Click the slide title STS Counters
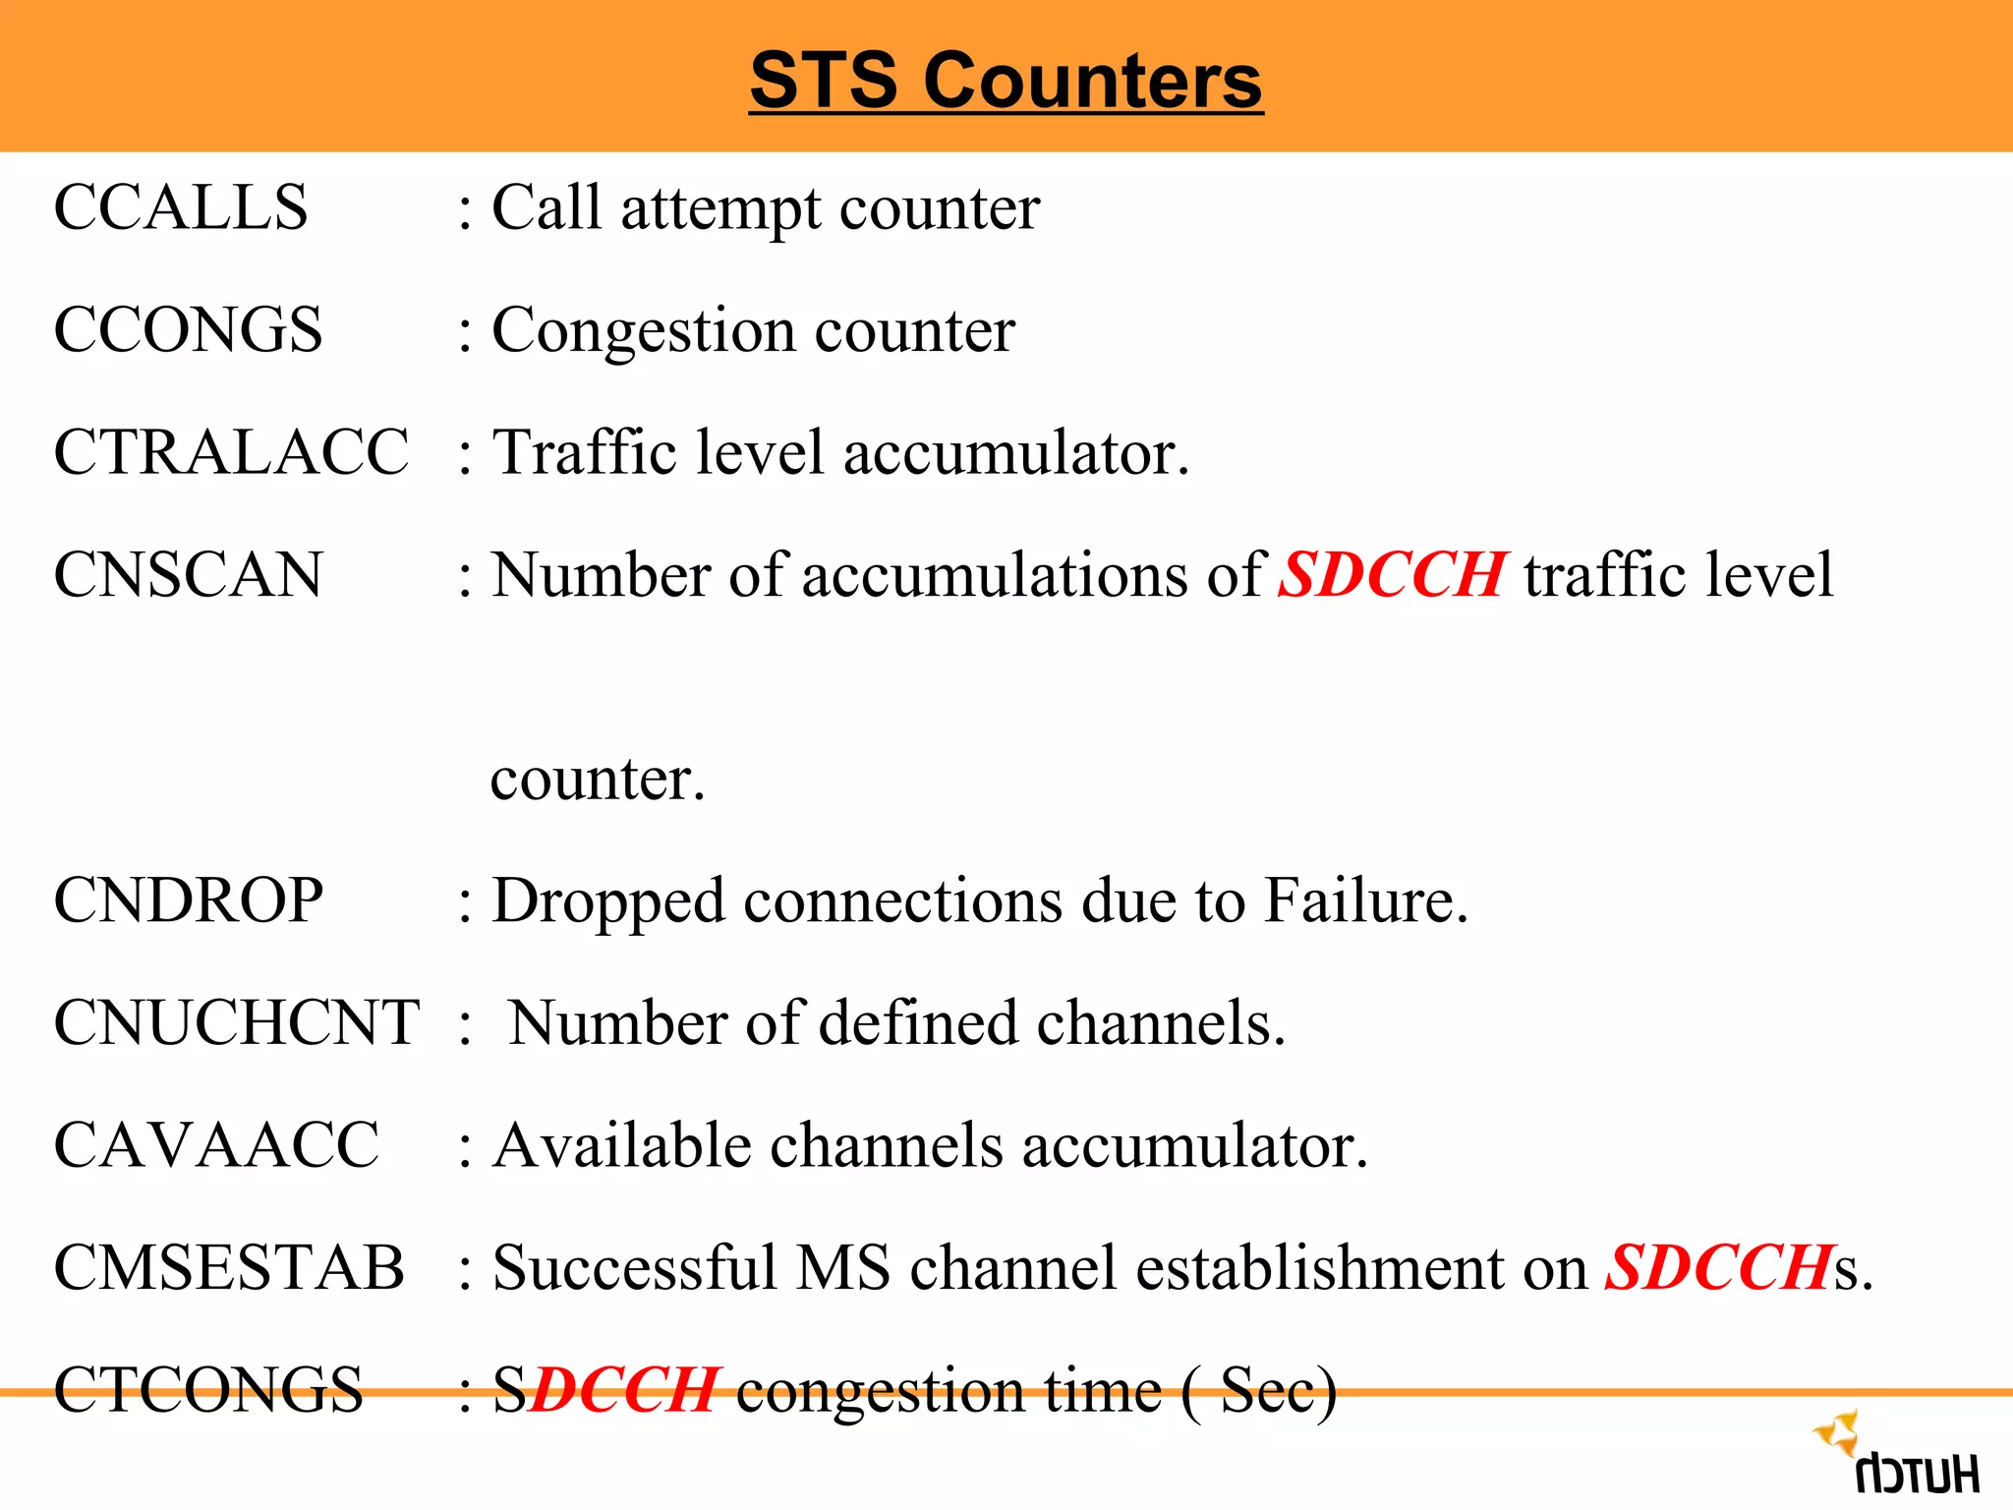click(1006, 81)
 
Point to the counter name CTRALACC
click(231, 452)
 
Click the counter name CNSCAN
click(188, 574)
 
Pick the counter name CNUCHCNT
click(237, 1022)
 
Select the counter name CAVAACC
click(216, 1145)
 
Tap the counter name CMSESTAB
click(229, 1267)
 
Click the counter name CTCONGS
click(208, 1389)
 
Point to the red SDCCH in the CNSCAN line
click(1391, 574)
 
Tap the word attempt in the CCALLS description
click(719, 209)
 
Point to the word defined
click(919, 1022)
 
